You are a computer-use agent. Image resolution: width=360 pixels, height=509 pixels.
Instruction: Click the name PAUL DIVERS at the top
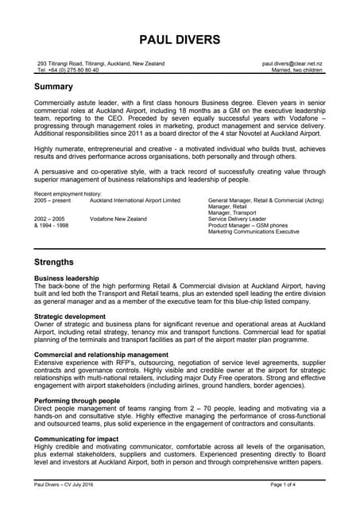[180, 39]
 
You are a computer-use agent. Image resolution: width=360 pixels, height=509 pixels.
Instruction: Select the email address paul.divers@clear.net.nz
[292, 63]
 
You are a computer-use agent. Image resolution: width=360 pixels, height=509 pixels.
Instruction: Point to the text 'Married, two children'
[297, 70]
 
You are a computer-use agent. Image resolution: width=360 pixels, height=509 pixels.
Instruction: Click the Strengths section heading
[54, 262]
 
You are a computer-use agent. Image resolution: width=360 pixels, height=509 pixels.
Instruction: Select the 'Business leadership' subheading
[67, 278]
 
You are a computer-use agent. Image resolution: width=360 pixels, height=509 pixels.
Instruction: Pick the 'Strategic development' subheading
[70, 317]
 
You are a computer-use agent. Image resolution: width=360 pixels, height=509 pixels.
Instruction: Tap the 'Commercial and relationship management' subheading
[101, 355]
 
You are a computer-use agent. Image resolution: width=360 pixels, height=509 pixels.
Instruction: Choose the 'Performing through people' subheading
[76, 401]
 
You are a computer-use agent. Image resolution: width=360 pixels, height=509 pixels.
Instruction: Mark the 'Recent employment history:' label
[68, 194]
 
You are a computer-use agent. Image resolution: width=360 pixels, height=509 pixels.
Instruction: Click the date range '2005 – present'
[52, 200]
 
